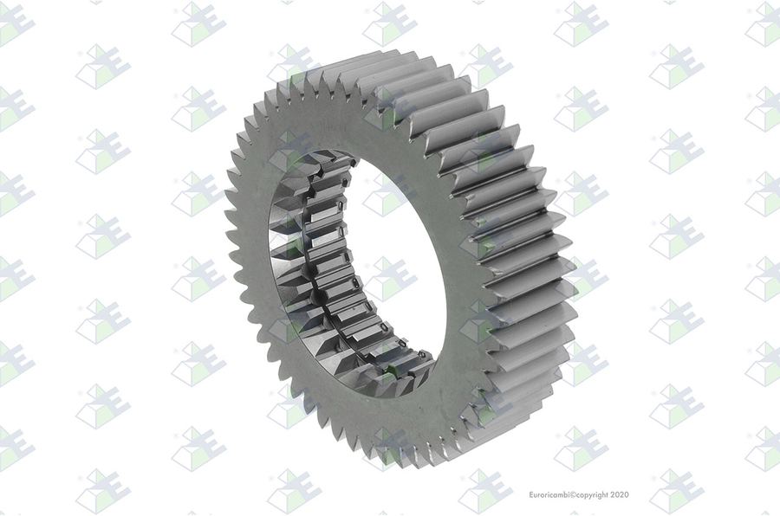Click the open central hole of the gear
(x=393, y=259)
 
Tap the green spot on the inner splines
(x=391, y=370)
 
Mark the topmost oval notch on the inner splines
(x=353, y=162)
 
